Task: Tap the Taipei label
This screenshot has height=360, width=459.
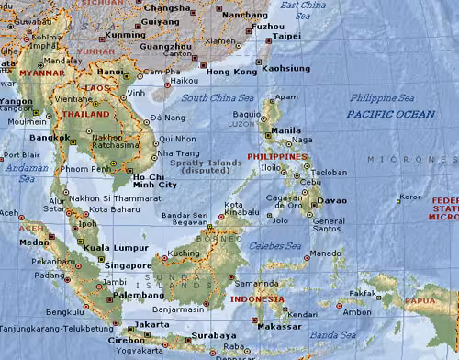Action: (x=286, y=36)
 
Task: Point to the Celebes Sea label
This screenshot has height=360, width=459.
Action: (x=283, y=245)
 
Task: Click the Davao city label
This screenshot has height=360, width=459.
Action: (x=333, y=199)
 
